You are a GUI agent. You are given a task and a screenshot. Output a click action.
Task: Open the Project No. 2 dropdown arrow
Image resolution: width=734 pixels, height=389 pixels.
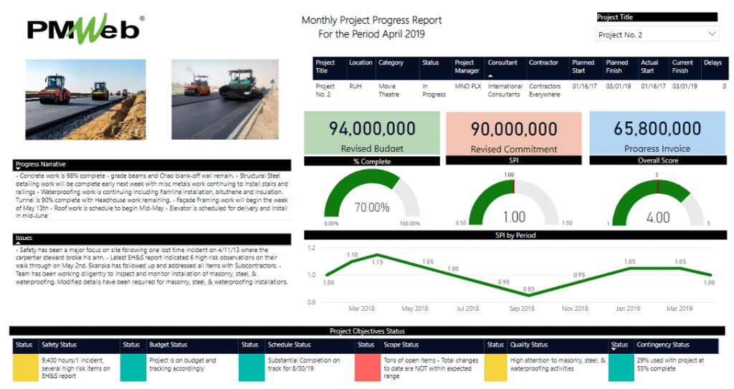click(712, 34)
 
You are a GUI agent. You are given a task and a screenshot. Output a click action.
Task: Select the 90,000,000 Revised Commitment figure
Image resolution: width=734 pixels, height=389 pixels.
click(513, 129)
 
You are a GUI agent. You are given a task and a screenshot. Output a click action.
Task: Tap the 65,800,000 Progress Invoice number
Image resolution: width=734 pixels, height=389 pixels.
click(657, 129)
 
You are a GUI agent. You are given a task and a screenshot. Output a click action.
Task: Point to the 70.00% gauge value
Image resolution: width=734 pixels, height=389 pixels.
click(372, 208)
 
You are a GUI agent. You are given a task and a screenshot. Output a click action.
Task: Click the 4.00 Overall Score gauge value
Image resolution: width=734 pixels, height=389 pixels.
click(658, 217)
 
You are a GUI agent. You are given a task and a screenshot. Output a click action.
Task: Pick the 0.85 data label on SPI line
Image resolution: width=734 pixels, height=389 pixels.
click(528, 289)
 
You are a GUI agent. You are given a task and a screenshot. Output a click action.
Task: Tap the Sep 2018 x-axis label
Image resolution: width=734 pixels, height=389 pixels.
click(523, 309)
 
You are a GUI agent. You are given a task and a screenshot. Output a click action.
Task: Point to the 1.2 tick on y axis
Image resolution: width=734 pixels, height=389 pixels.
click(312, 248)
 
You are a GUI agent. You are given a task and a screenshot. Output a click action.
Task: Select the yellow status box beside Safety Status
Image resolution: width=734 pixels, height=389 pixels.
click(24, 368)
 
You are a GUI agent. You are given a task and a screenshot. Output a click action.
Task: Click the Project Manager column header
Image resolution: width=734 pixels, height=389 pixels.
click(467, 67)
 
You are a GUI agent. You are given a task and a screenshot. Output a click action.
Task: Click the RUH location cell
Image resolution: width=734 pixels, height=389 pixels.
click(356, 87)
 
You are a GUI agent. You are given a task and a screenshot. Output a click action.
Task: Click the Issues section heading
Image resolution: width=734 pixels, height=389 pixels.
click(24, 238)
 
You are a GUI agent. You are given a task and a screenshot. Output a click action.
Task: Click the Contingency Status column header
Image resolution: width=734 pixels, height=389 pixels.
click(663, 345)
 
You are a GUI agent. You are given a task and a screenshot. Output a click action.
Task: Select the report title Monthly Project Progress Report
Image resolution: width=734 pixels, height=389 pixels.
click(371, 21)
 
